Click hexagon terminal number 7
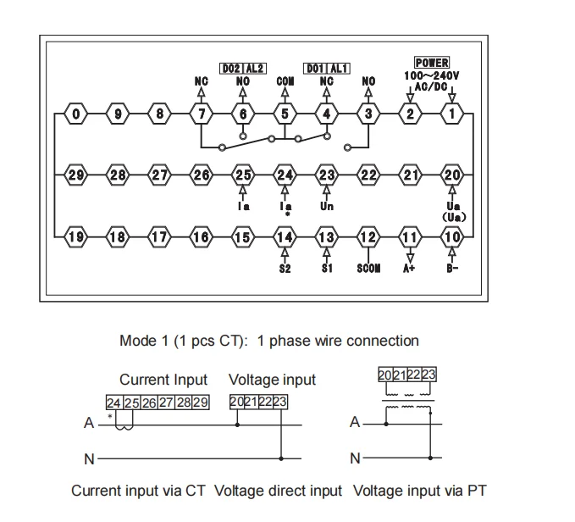pyautogui.click(x=202, y=114)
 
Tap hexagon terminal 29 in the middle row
pyautogui.click(x=76, y=175)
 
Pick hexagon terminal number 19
pyautogui.click(x=76, y=236)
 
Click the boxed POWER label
pyautogui.click(x=432, y=63)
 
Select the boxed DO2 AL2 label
pyautogui.click(x=242, y=69)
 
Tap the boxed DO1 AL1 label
pyautogui.click(x=326, y=69)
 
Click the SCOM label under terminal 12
pyautogui.click(x=368, y=268)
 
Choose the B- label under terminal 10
pyautogui.click(x=453, y=268)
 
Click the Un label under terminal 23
pyautogui.click(x=327, y=206)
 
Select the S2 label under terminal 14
pyautogui.click(x=285, y=268)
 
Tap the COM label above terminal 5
pyautogui.click(x=285, y=81)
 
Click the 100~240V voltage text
pyautogui.click(x=432, y=75)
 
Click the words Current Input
pyautogui.click(x=163, y=380)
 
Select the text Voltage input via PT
pyautogui.click(x=420, y=490)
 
